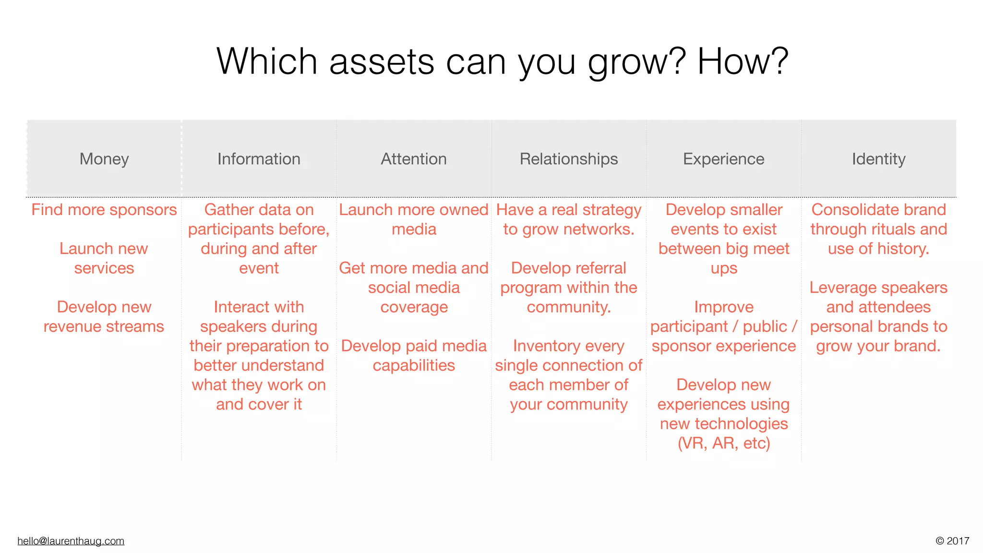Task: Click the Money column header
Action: [x=104, y=159]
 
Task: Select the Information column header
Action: [x=259, y=159]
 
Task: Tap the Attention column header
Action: [x=414, y=159]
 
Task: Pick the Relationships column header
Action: [x=569, y=159]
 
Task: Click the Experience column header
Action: [x=723, y=159]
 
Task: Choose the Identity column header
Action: [x=878, y=159]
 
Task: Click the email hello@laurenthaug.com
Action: [x=71, y=541]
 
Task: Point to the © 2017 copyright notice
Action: [x=952, y=541]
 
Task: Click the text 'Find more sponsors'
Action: [x=104, y=210]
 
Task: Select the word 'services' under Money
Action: [x=104, y=268]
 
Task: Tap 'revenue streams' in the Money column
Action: [x=104, y=326]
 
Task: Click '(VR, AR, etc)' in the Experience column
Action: [x=723, y=443]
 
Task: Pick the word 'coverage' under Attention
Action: [x=414, y=307]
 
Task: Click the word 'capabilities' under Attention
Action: [x=414, y=365]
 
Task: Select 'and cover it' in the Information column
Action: [x=259, y=404]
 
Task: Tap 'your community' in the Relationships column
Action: [x=569, y=404]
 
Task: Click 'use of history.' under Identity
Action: [x=878, y=249]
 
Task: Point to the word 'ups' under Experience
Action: [x=723, y=269]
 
